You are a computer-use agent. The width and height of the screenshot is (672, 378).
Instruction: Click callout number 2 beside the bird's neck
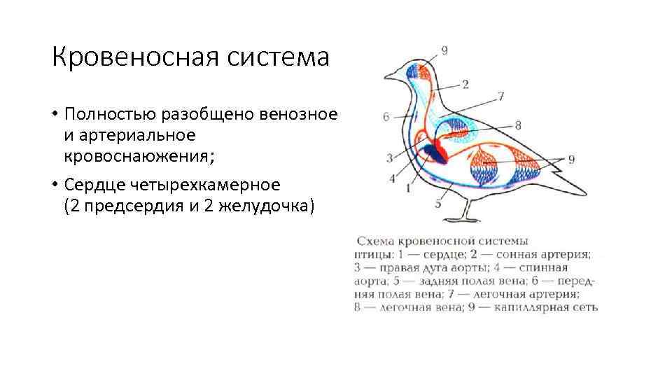[465, 85]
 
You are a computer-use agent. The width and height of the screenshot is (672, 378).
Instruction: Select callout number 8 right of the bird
[517, 125]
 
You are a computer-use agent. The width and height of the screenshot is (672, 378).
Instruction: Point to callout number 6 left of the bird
[386, 117]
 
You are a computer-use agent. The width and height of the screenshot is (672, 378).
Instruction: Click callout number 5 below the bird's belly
[438, 204]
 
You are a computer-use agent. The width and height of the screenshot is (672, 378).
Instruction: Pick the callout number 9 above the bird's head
[445, 50]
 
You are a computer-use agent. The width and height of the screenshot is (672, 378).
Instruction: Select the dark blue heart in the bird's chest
[430, 153]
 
